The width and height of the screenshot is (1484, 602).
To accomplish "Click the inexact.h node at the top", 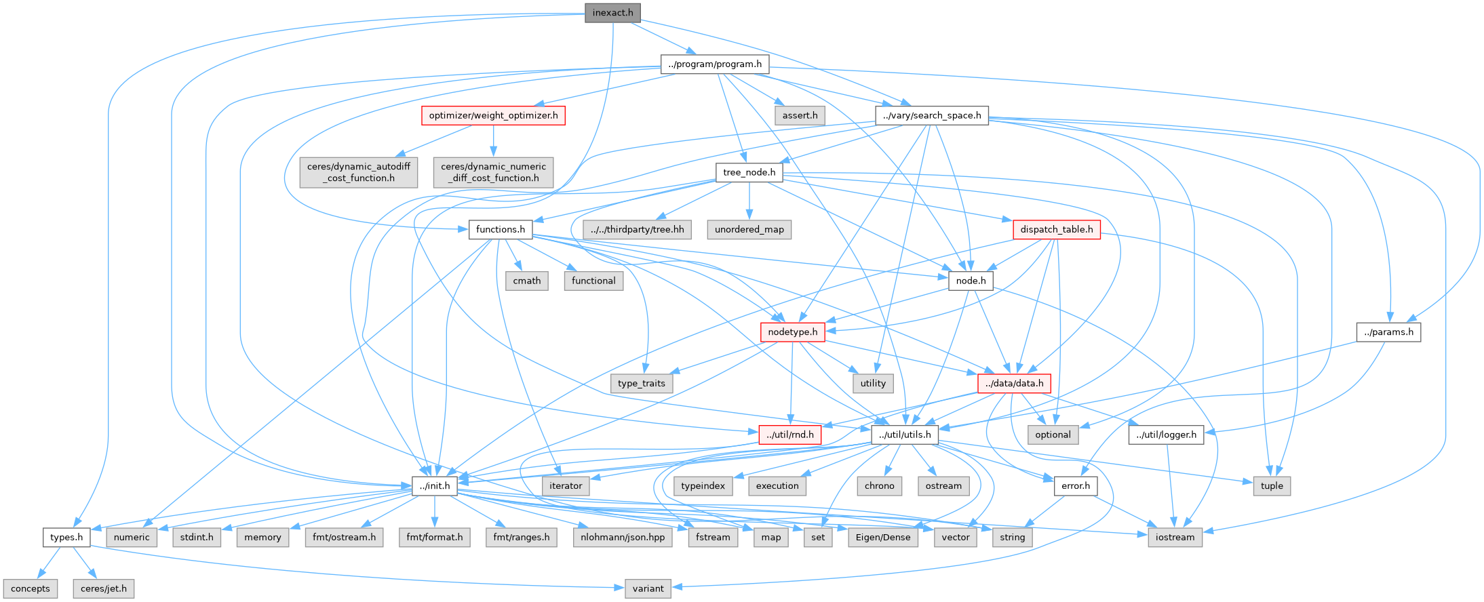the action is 612,13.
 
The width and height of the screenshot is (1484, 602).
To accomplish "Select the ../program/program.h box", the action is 715,64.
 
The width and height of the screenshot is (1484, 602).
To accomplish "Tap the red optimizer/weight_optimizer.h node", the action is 493,115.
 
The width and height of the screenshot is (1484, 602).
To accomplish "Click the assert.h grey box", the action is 800,115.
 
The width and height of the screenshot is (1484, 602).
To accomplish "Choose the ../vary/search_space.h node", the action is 932,115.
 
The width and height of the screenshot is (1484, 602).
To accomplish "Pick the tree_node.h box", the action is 749,172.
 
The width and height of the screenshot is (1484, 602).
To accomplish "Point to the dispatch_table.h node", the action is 1057,229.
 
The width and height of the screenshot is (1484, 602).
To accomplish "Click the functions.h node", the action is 501,229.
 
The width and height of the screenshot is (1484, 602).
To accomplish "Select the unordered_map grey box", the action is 749,229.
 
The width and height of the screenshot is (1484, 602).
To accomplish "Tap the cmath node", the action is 527,281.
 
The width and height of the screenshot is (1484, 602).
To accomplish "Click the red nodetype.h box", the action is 793,332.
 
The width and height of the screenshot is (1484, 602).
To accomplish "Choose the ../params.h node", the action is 1389,332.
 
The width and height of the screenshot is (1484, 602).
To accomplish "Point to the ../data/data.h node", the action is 1015,384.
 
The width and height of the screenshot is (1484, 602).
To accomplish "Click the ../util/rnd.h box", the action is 790,435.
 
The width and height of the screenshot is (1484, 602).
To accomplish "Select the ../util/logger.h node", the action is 1167,435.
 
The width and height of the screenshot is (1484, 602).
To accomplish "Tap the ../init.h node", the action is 435,486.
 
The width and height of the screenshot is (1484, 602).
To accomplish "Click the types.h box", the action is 66,538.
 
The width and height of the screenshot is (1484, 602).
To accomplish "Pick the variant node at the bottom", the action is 648,588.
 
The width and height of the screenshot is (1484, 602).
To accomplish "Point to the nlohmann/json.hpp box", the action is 623,538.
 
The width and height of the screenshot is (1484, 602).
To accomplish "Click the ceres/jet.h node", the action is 104,588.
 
